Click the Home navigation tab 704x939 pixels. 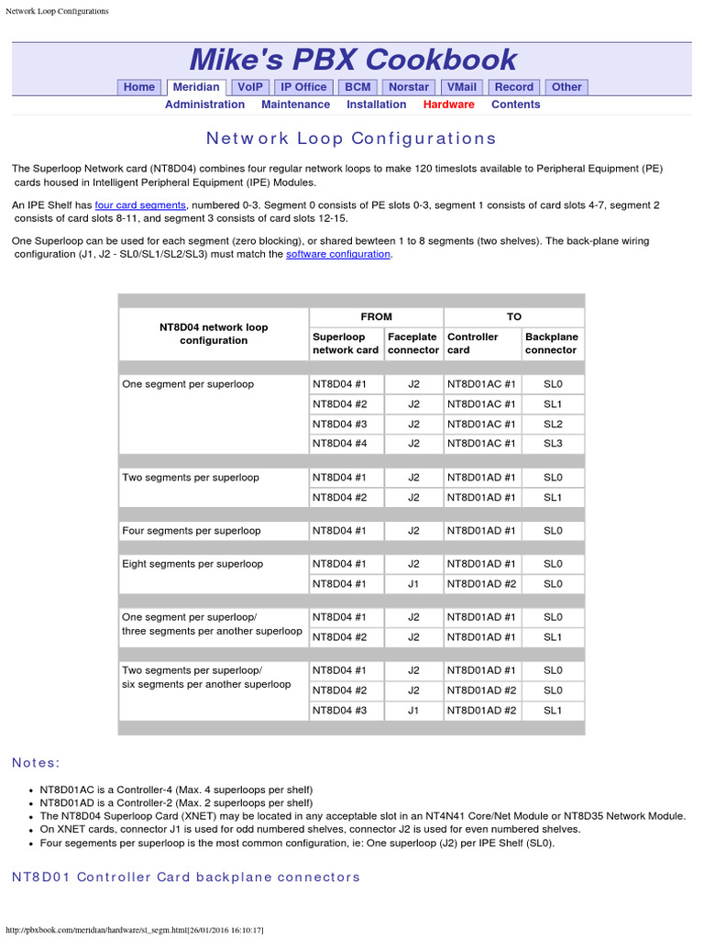point(139,87)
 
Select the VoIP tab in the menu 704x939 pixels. point(250,87)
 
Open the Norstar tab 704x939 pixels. point(408,87)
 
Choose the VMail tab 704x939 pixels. point(460,87)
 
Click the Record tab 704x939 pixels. point(514,87)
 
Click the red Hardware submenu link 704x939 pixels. point(448,105)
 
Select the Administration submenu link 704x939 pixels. point(204,105)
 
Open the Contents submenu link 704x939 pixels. point(515,105)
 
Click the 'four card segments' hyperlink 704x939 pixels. point(140,205)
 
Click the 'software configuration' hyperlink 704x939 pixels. point(338,254)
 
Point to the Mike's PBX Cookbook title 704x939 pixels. point(352,60)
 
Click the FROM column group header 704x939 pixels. point(376,316)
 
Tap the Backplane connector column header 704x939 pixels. point(551,344)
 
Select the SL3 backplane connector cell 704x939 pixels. point(552,443)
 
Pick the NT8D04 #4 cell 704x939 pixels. point(340,443)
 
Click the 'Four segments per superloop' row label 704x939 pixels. point(192,531)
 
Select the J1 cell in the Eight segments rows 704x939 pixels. point(413,584)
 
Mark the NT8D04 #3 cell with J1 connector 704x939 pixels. point(340,711)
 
